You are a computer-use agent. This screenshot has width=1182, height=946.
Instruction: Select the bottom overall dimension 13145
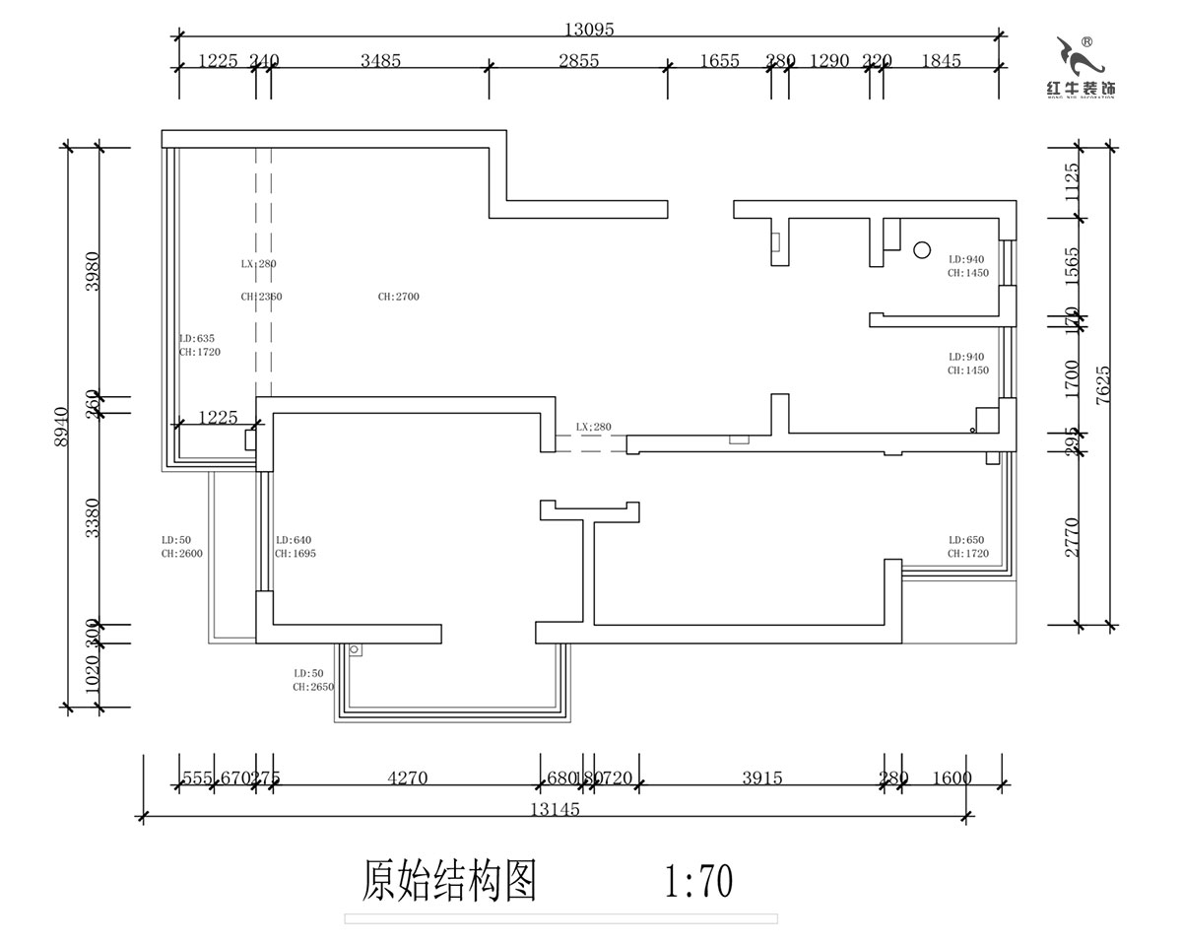coord(555,809)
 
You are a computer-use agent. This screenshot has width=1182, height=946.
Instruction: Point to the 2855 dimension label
coord(578,61)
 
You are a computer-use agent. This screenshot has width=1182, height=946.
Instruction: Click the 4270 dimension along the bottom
coord(407,778)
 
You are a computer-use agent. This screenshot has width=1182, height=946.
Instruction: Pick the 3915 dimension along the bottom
coord(761,778)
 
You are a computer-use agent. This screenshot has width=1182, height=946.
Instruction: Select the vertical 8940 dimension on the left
coord(61,427)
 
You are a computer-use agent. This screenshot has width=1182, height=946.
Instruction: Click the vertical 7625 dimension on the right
coord(1103,387)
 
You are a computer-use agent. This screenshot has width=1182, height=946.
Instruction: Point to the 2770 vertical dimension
coord(1073,537)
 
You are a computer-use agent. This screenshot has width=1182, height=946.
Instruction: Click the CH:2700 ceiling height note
coord(399,297)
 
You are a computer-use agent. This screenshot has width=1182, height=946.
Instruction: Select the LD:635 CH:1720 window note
coord(198,345)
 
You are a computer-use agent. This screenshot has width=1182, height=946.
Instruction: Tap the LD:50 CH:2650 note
coord(314,680)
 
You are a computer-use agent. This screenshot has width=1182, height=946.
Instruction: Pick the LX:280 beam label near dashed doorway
coord(593,427)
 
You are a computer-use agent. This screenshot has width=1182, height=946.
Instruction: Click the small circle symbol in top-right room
coord(923,249)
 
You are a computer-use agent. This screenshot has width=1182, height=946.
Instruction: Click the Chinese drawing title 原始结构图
coord(449,880)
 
